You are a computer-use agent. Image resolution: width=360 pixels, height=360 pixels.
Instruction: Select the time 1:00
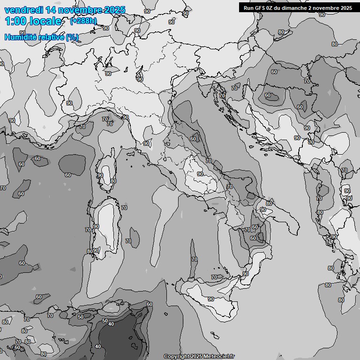(x=15, y=21)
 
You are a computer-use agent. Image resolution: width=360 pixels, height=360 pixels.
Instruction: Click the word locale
(x=45, y=21)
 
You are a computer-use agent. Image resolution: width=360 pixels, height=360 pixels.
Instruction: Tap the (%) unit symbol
(x=72, y=37)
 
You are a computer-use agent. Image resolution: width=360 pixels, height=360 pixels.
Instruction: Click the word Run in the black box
(x=248, y=7)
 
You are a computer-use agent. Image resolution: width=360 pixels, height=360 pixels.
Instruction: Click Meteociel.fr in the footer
(x=218, y=357)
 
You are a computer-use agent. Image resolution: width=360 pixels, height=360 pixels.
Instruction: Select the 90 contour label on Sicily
(x=211, y=299)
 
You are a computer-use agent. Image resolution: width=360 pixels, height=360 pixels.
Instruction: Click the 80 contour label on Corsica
(x=113, y=181)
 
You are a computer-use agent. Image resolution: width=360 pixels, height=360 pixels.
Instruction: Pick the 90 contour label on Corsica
(x=100, y=175)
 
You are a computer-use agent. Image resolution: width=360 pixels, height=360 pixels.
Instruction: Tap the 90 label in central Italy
(x=200, y=174)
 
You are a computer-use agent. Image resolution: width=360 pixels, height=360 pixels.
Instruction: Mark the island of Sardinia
(x=105, y=225)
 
